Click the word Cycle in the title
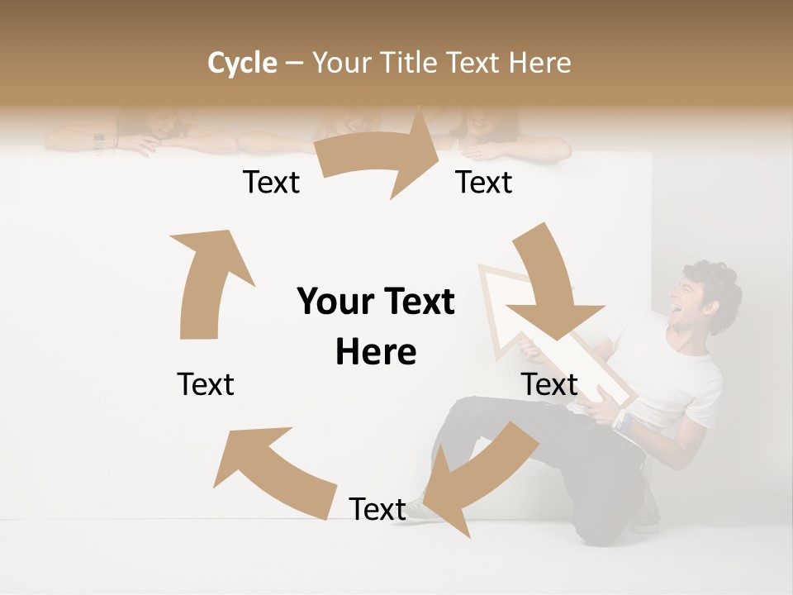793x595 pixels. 242,63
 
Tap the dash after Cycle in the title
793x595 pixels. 294,64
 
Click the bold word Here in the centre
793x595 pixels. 376,352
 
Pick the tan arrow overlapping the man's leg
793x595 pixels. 475,475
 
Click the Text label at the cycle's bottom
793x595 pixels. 378,509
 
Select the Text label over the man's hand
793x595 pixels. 549,384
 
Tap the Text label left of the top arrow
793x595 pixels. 271,183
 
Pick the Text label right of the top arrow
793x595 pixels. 484,183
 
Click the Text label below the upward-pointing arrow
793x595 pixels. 206,384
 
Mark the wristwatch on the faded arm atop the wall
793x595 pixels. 99,142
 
